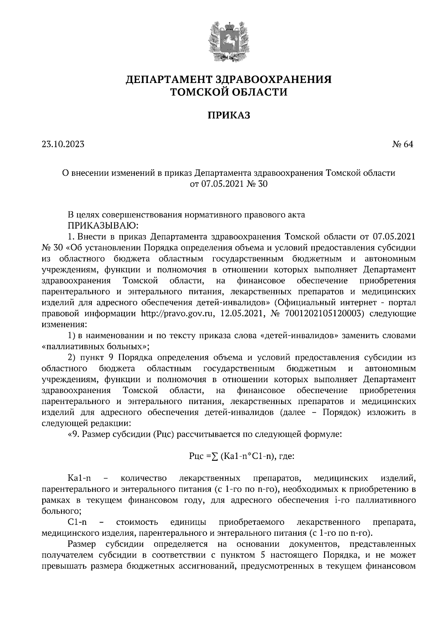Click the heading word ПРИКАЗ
tap(229, 115)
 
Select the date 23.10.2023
tap(63, 144)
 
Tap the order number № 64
tap(403, 144)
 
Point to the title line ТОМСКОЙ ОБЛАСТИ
tap(229, 92)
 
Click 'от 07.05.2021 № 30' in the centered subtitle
tap(229, 184)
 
